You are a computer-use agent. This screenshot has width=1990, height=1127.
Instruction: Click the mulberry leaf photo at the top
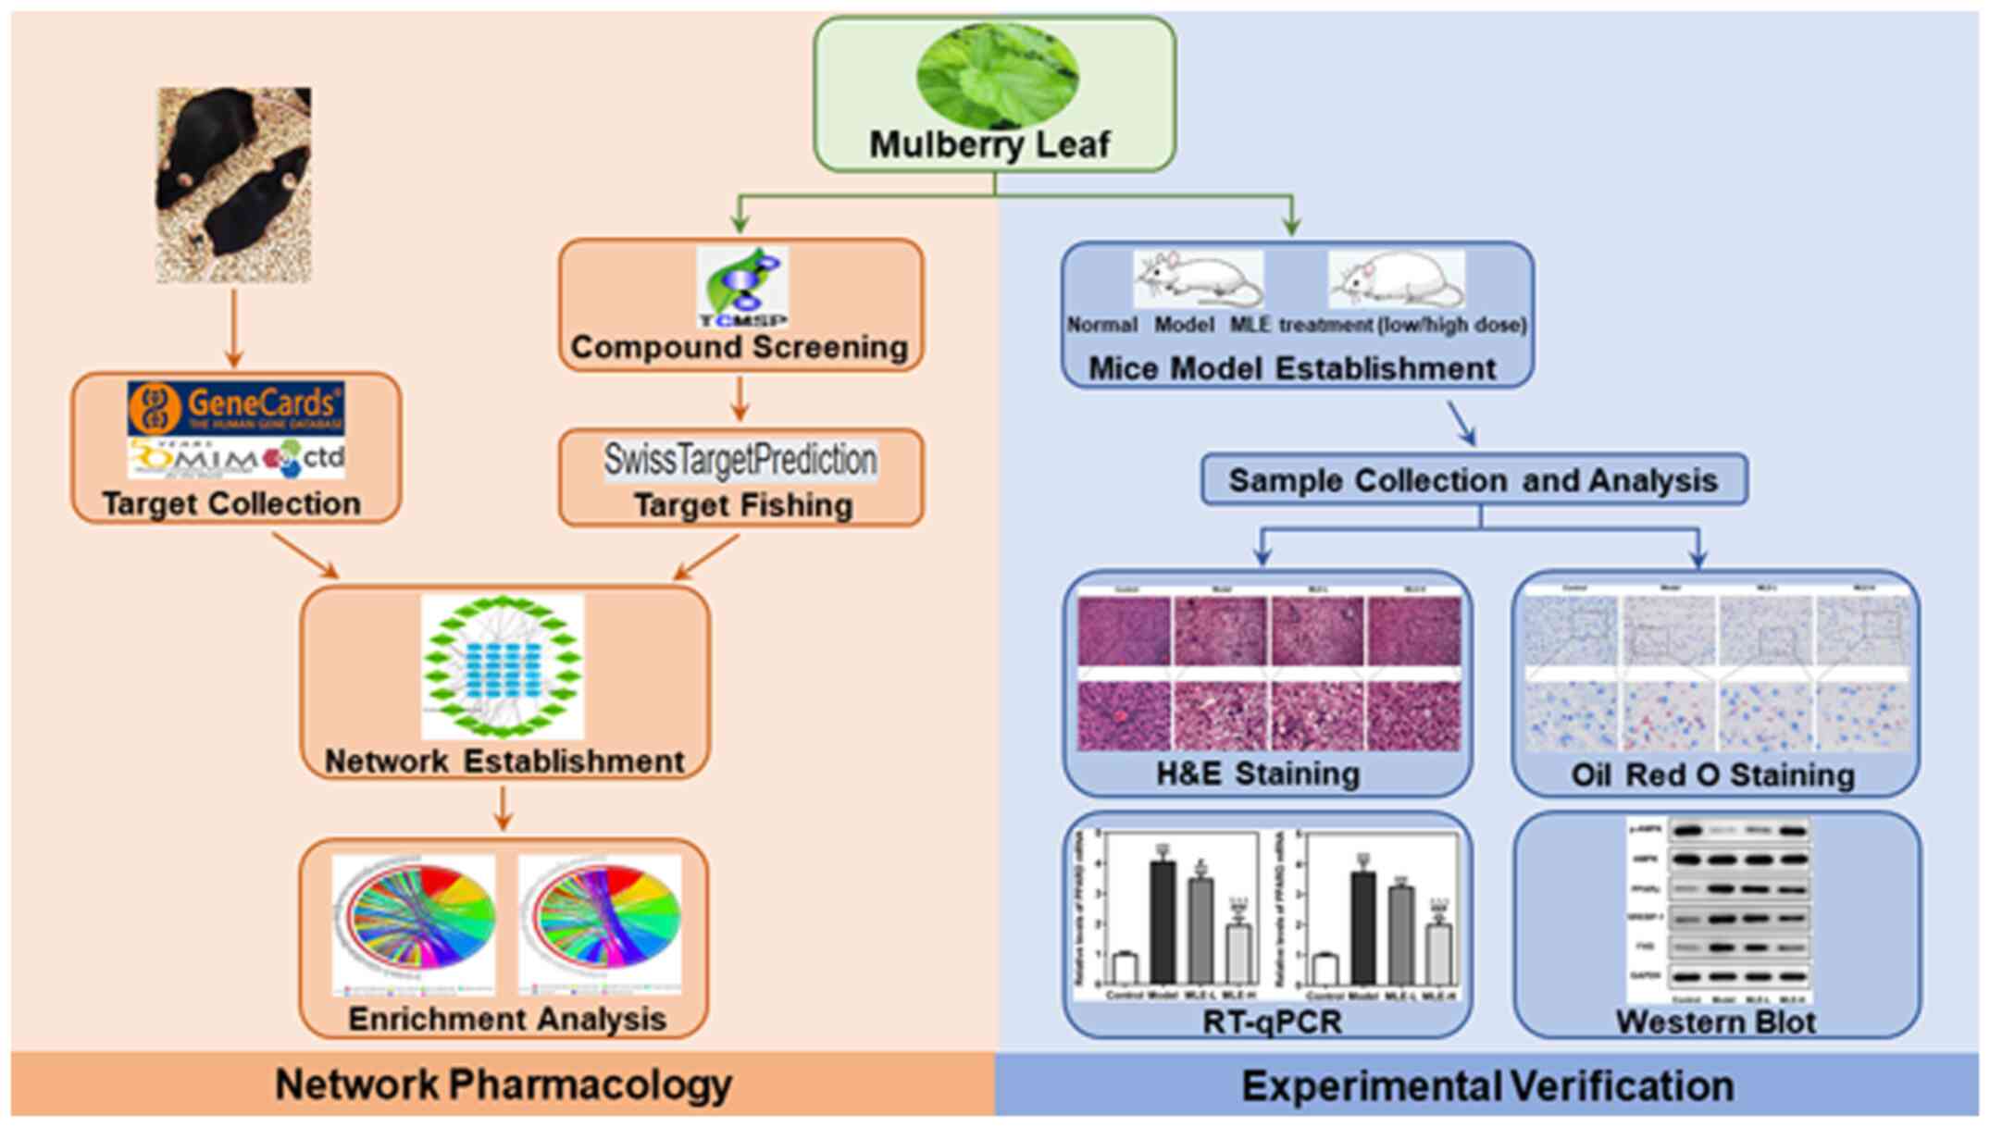[996, 76]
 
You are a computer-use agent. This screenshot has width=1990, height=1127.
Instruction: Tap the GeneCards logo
[237, 408]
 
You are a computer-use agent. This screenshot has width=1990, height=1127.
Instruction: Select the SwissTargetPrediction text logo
[740, 460]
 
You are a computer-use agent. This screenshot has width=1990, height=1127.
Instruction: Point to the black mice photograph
[233, 185]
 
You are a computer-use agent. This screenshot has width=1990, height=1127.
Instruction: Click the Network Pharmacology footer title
[504, 1084]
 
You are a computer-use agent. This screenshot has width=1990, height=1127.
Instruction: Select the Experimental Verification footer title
[1487, 1086]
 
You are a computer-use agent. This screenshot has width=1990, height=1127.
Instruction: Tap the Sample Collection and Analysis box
[1474, 480]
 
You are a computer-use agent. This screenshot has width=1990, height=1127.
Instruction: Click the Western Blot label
[1715, 1022]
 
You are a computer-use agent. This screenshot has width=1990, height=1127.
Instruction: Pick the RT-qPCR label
[1271, 1022]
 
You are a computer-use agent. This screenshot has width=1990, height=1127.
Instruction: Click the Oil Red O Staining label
[1712, 775]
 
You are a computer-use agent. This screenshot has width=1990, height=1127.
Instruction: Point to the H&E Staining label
[1258, 774]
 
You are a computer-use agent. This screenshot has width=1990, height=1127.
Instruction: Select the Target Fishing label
[742, 505]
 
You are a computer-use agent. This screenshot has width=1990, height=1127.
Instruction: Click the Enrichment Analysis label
[507, 1019]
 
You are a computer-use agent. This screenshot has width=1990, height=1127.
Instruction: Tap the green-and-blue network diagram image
[503, 666]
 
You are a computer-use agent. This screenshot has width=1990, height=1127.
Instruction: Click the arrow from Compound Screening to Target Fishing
[739, 399]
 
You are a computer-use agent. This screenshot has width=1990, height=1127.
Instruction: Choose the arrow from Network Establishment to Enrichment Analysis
[503, 809]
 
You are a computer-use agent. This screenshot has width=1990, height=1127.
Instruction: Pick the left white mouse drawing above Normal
[1197, 279]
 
